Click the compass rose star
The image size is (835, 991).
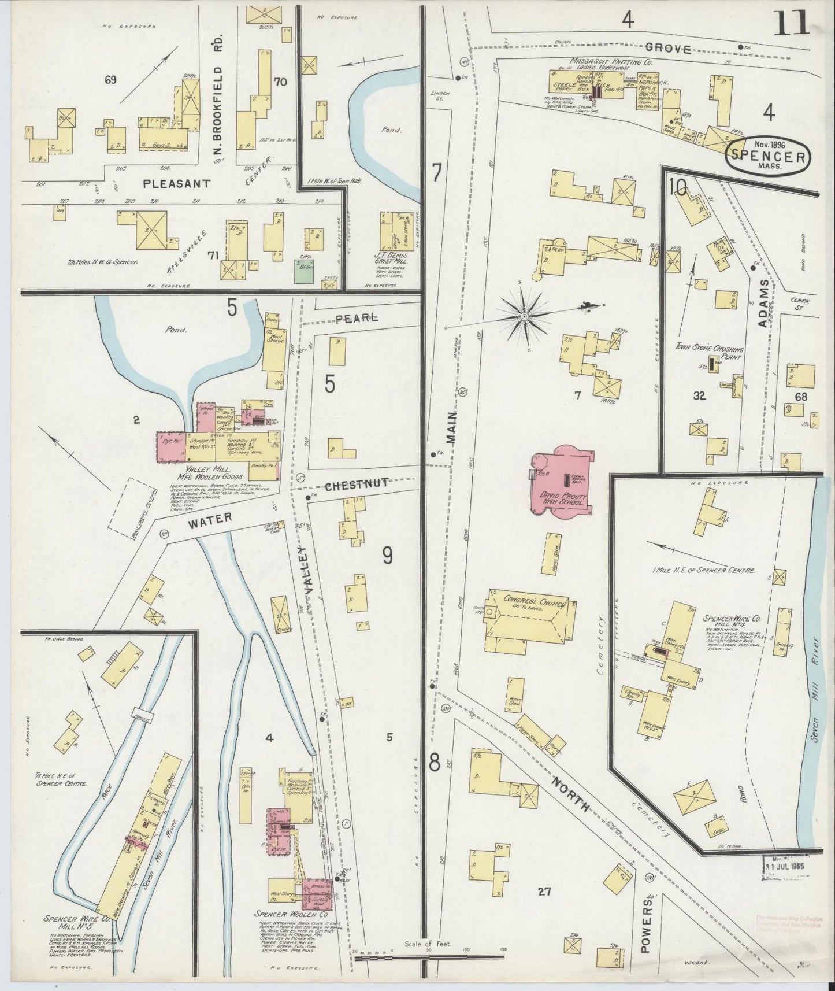[x=524, y=316]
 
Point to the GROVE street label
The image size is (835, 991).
[x=668, y=49]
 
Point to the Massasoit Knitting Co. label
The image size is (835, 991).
[x=603, y=60]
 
